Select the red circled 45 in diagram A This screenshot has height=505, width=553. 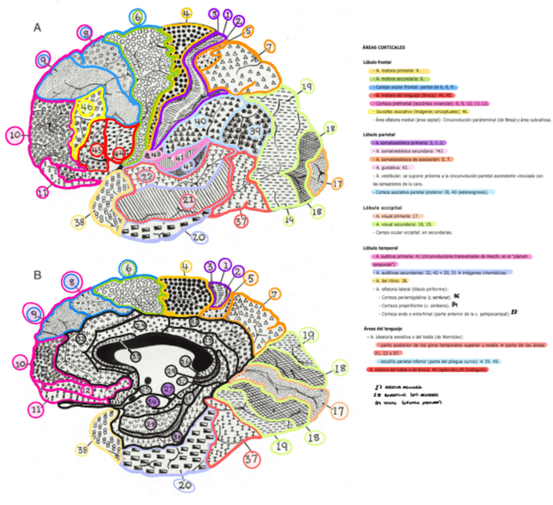pyautogui.click(x=97, y=149)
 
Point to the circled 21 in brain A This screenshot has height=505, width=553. pyautogui.click(x=189, y=200)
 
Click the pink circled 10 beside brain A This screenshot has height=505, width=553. pyautogui.click(x=14, y=136)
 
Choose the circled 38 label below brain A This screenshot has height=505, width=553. pyautogui.click(x=80, y=222)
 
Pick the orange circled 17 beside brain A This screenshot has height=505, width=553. pyautogui.click(x=336, y=185)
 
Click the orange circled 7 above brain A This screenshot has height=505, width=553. pyautogui.click(x=268, y=46)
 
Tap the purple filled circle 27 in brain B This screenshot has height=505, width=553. pyautogui.click(x=168, y=390)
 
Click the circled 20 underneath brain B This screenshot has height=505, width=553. pyautogui.click(x=185, y=485)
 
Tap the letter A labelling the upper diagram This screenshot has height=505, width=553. pyautogui.click(x=38, y=27)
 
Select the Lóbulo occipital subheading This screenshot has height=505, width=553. pyautogui.click(x=383, y=207)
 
